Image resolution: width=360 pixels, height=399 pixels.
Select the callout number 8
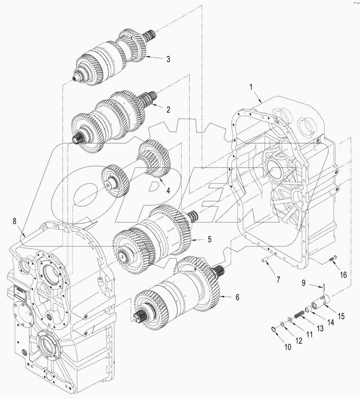point(14,221)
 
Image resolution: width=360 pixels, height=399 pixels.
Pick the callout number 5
point(210,239)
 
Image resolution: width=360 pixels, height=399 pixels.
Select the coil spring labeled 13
point(299,316)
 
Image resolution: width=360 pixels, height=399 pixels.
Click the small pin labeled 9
point(326,287)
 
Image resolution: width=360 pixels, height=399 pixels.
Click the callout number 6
point(237,297)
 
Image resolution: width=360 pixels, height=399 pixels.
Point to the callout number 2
point(168,109)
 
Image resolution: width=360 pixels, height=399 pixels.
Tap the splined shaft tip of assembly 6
point(140,316)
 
